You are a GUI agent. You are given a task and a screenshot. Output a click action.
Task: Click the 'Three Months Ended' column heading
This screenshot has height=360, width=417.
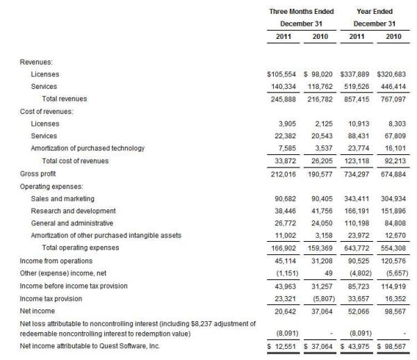point(302,12)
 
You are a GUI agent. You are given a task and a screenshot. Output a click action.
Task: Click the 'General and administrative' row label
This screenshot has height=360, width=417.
point(68,223)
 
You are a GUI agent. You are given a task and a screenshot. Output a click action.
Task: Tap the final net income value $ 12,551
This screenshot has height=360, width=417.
point(283,345)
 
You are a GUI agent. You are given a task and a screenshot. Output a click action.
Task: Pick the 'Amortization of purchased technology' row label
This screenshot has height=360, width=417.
point(88,148)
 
